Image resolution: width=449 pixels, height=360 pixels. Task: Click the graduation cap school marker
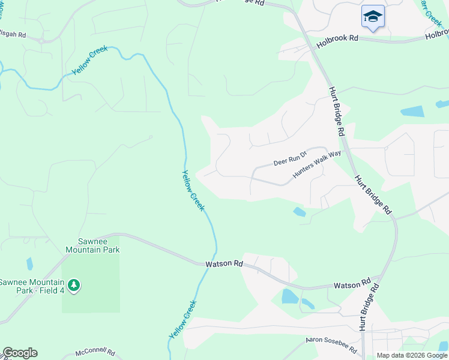[x=373, y=16]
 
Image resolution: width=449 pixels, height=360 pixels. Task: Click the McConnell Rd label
[x=95, y=353]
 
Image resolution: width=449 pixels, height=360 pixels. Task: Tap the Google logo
[x=20, y=353]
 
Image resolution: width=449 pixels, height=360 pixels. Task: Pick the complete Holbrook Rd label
[x=337, y=38]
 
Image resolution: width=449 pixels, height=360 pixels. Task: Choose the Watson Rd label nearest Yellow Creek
[x=223, y=263]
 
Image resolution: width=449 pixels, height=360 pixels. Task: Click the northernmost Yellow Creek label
[x=90, y=60]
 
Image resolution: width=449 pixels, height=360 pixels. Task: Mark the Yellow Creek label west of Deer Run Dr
[x=193, y=191]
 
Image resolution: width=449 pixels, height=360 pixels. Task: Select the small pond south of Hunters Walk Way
[x=298, y=212]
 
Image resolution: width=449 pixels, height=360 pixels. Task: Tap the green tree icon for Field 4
[x=73, y=286]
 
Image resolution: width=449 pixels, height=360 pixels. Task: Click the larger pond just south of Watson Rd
[x=289, y=296]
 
